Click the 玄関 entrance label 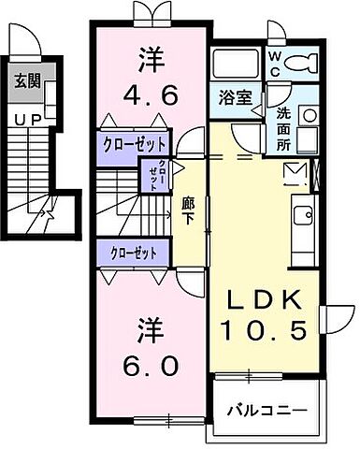pyautogui.click(x=25, y=80)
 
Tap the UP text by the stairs pyautogui.click(x=26, y=119)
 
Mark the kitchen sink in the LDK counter pyautogui.click(x=305, y=216)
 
